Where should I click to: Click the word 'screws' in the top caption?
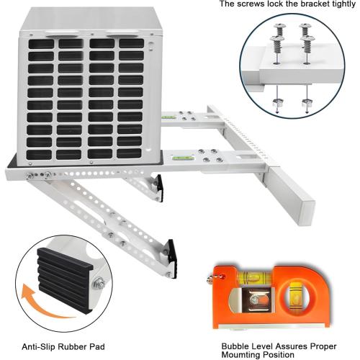pos(253,4)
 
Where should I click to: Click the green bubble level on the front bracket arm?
pos(186,153)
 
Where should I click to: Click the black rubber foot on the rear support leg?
pos(158,189)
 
